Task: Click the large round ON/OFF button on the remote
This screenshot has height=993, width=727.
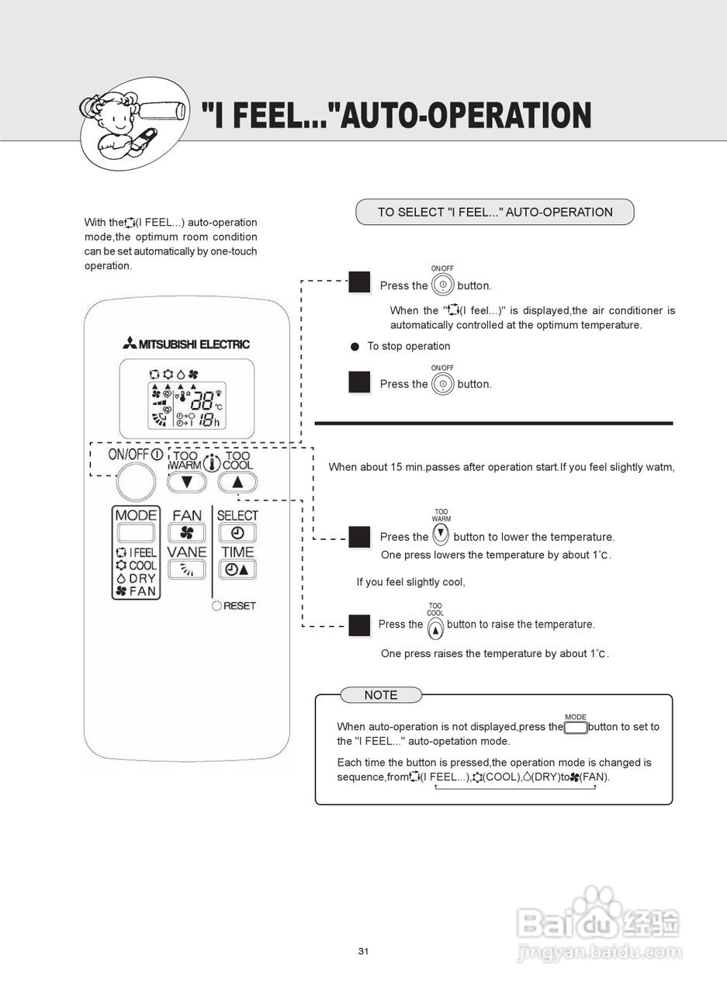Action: coord(136,483)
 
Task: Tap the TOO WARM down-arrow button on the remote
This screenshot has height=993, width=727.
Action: coord(186,482)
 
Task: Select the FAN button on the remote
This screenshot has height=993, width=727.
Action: coord(186,533)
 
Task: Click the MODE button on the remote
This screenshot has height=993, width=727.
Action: coord(136,532)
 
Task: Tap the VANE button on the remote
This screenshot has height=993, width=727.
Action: coord(186,569)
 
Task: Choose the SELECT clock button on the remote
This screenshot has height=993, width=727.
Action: coord(237,533)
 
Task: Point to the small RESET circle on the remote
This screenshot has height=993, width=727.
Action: coord(216,605)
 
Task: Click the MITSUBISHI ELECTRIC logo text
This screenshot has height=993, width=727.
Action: coord(185,344)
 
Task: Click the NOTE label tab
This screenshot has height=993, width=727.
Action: coord(380,695)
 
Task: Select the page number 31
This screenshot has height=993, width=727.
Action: coord(363,951)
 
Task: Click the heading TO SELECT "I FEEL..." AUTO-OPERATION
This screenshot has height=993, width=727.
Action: coord(495,212)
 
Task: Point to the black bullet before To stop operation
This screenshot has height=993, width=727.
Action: coord(355,347)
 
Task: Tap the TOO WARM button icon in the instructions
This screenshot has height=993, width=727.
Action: coord(441,534)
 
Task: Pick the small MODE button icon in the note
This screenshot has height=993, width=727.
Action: coord(576,728)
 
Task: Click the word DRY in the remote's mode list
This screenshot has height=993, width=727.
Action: coord(142,578)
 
